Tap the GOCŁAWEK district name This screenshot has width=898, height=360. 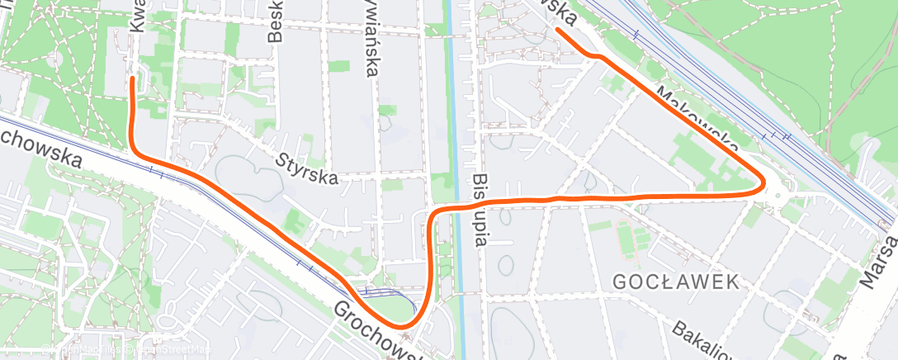click(x=675, y=282)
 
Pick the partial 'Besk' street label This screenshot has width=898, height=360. click(x=276, y=25)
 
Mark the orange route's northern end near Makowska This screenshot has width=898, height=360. click(x=559, y=30)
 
